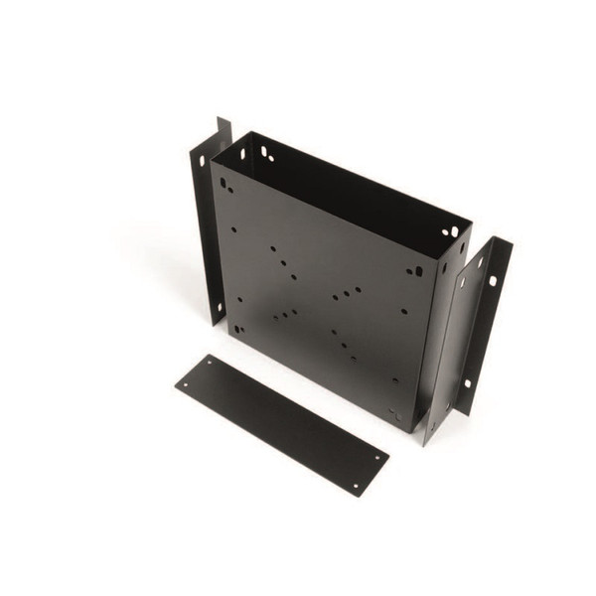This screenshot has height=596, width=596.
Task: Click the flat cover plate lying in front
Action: click(281, 422)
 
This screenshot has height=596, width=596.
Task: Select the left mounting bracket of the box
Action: click(210, 223)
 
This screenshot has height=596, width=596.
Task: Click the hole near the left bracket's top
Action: click(202, 159)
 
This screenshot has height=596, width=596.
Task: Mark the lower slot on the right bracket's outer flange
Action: click(467, 382)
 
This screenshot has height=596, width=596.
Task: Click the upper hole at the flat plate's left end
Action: click(210, 364)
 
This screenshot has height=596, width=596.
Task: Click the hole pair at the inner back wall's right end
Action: click(451, 231)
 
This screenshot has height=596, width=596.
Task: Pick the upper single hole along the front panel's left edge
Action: click(233, 230)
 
